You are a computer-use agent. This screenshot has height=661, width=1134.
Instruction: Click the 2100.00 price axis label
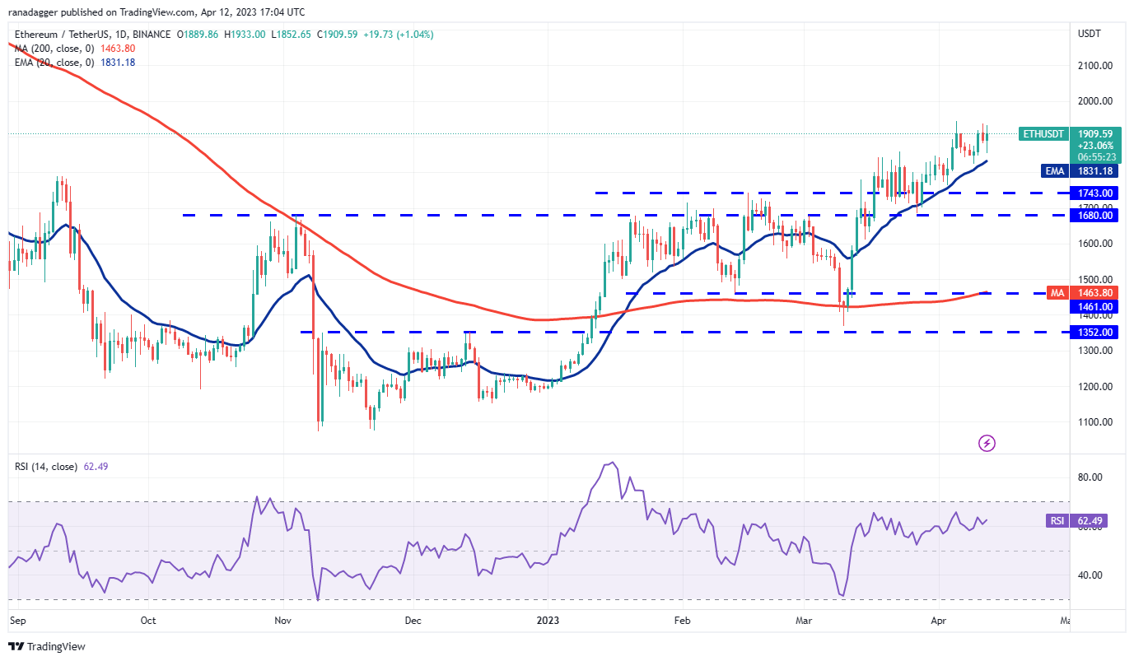pos(1096,66)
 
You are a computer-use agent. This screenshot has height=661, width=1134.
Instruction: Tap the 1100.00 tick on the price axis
pos(1096,422)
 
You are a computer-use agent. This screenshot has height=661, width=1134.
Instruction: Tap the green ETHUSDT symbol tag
pos(1043,133)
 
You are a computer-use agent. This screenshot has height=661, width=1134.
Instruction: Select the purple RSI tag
pos(1057,520)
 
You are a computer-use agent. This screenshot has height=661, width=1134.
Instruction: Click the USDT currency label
pos(1090,34)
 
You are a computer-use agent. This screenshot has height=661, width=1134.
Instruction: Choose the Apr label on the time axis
pos(940,620)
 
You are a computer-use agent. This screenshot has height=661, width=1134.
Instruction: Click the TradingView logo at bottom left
pos(47,646)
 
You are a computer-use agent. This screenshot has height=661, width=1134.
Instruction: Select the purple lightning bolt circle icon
pos(987,444)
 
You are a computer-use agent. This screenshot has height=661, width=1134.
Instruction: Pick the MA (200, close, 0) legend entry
pos(50,49)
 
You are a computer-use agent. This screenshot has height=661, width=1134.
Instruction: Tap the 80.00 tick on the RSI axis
pos(1091,477)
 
